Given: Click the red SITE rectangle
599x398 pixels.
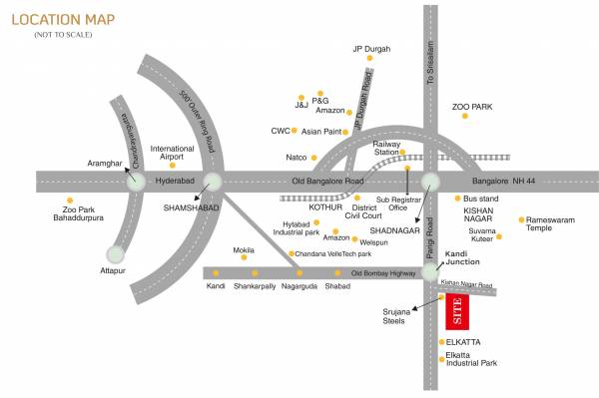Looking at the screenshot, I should pyautogui.click(x=457, y=311).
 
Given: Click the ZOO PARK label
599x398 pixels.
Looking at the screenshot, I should pyautogui.click(x=472, y=105).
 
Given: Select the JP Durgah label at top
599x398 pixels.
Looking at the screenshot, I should pyautogui.click(x=371, y=48).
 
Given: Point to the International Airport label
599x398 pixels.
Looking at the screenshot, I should pyautogui.click(x=173, y=153).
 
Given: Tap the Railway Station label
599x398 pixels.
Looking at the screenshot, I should pyautogui.click(x=386, y=147).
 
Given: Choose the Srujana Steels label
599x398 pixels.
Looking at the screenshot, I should pyautogui.click(x=396, y=315).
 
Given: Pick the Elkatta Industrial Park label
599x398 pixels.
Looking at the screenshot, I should pyautogui.click(x=471, y=358).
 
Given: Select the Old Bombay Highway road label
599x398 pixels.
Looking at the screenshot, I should pyautogui.click(x=383, y=272).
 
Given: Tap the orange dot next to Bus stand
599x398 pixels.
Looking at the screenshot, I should pyautogui.click(x=456, y=199).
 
